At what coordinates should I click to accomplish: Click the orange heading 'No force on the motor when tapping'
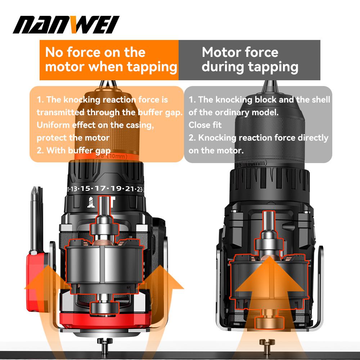pos(109,60)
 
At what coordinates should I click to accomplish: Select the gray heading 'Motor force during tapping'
pos(249,60)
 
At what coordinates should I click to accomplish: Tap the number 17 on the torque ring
pos(102,188)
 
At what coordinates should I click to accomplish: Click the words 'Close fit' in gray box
pos(205,125)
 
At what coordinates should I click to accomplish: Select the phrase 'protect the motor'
pos(73,138)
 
